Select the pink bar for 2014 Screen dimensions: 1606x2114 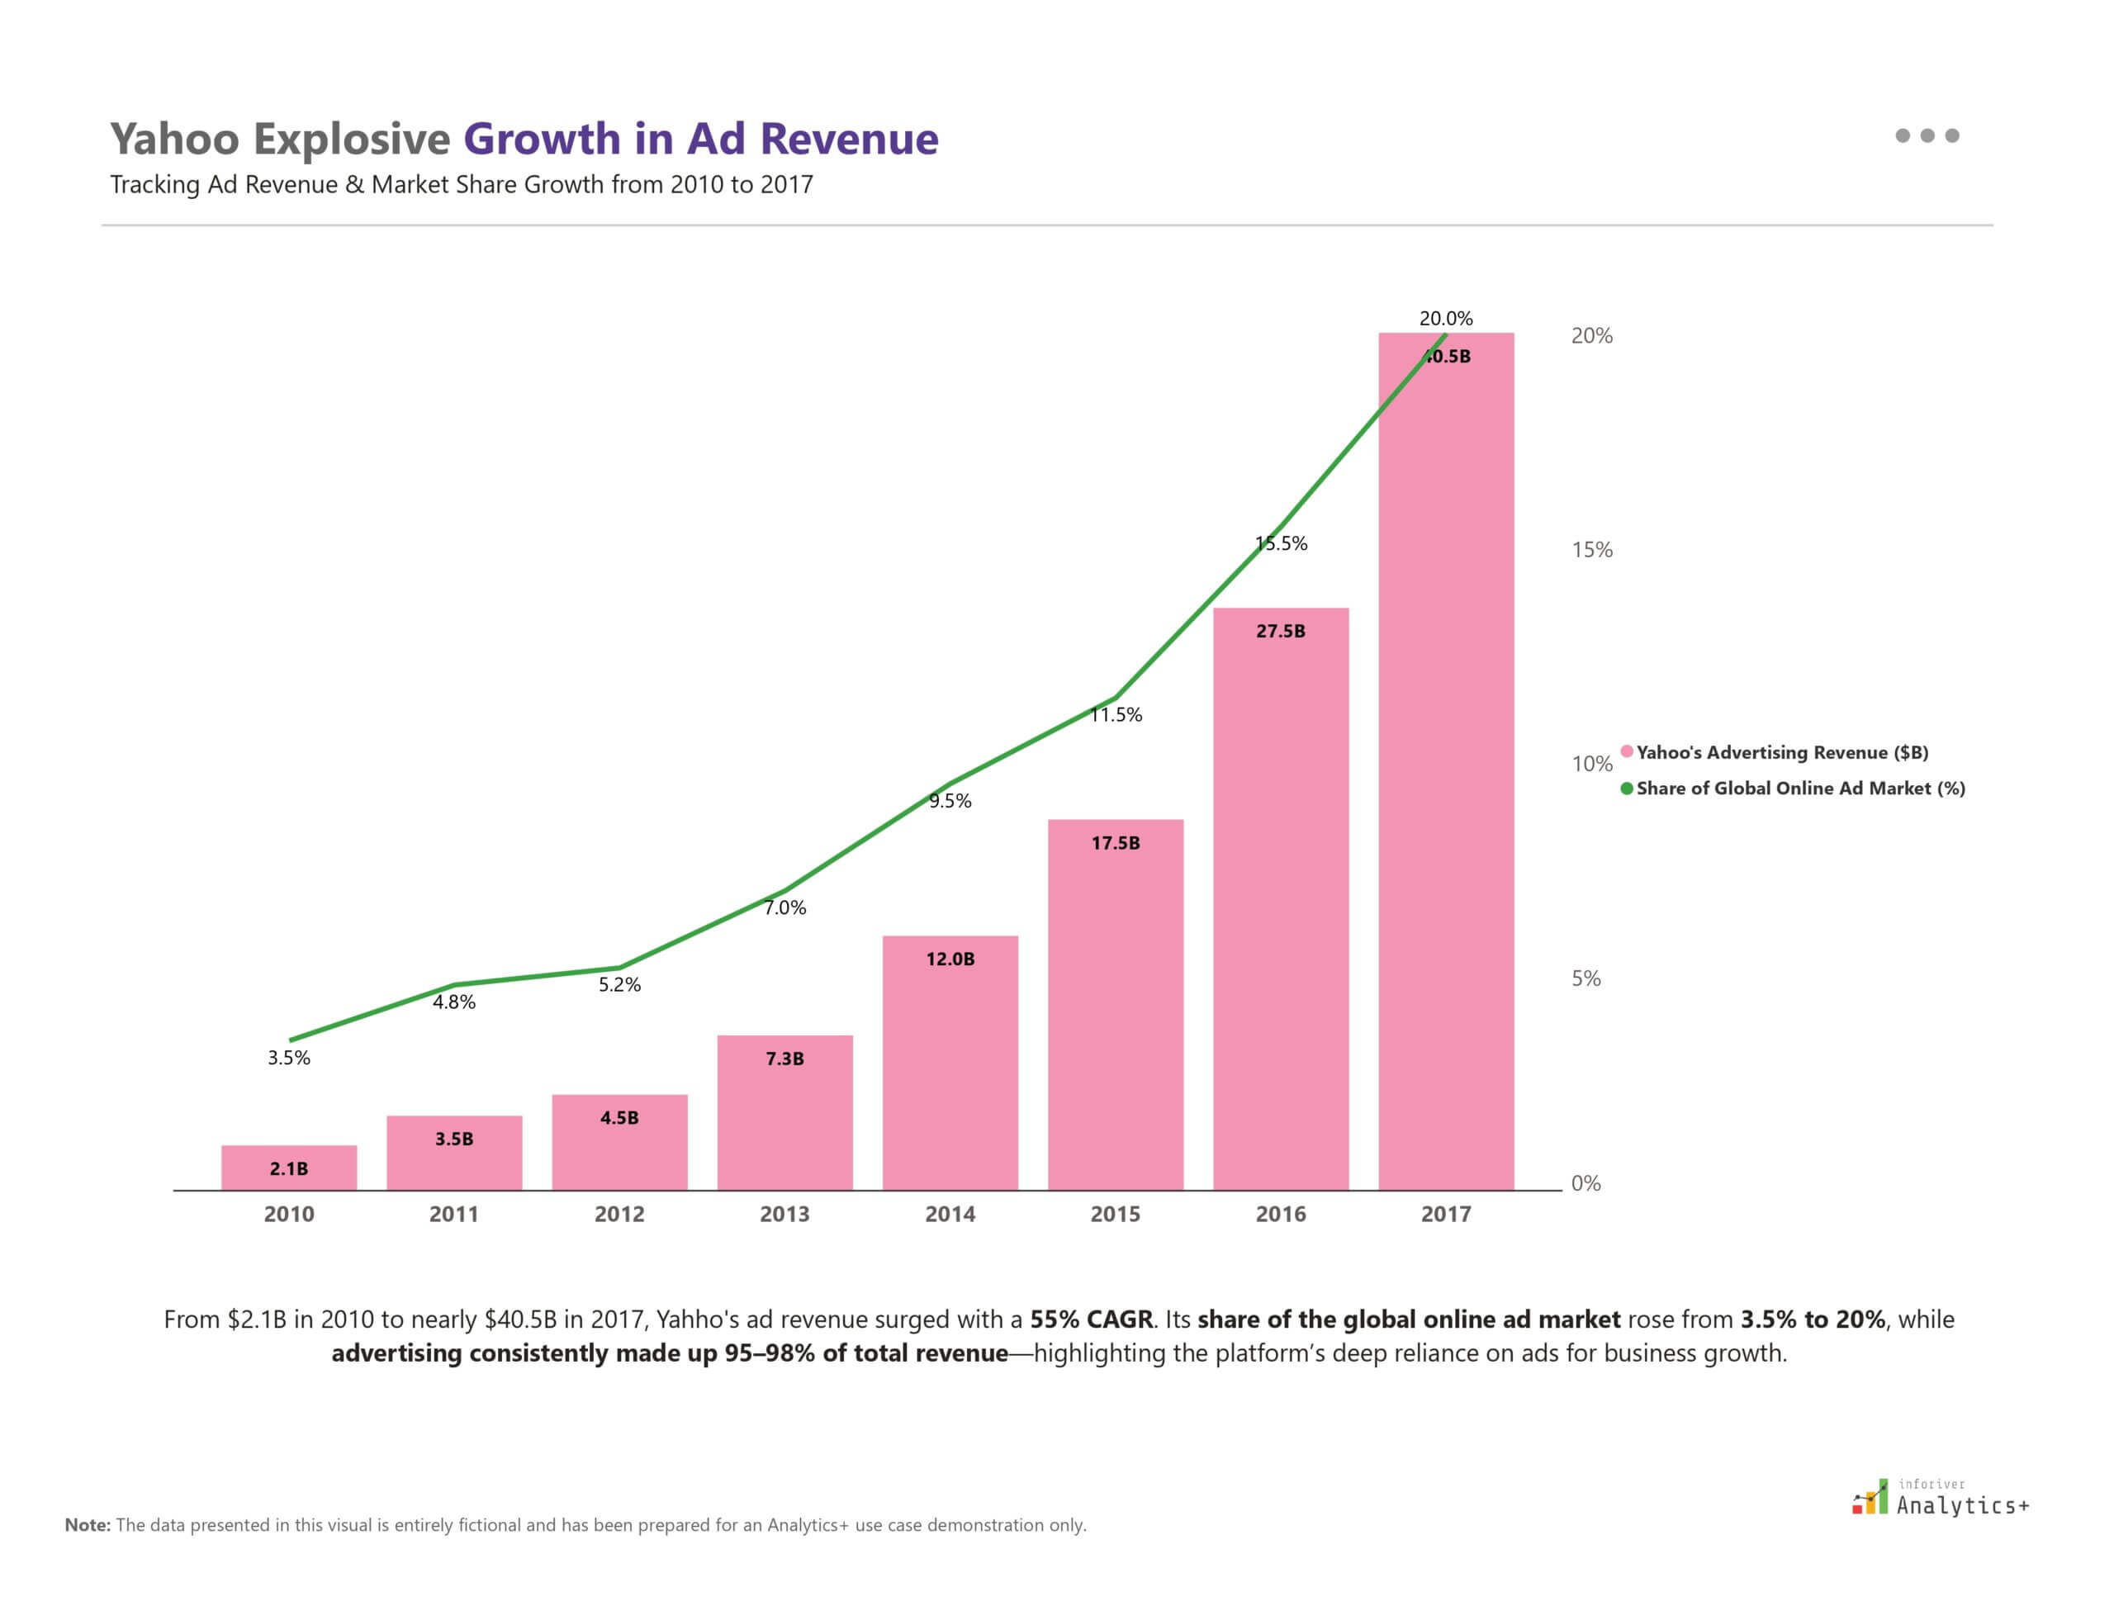[x=950, y=1071]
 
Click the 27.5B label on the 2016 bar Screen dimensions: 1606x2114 [x=1280, y=631]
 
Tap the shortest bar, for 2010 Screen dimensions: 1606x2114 [x=289, y=1168]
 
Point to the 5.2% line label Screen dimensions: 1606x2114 [x=619, y=984]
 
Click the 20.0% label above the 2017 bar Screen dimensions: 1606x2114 [x=1446, y=319]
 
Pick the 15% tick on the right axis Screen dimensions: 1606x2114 [x=1591, y=550]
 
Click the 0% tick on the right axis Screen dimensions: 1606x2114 [x=1585, y=1183]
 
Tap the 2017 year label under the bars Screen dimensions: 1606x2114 [x=1446, y=1214]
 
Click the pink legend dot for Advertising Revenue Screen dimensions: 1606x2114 [x=1626, y=751]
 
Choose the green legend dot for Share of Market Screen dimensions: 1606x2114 [x=1626, y=789]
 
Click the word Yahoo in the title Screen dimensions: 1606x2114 [x=174, y=139]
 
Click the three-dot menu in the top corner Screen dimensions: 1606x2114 [x=1927, y=135]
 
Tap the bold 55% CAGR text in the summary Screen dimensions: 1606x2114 [x=1091, y=1319]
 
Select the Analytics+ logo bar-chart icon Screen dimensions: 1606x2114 [x=1871, y=1498]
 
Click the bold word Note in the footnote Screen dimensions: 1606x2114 [x=87, y=1525]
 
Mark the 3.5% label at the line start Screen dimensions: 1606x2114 [x=289, y=1057]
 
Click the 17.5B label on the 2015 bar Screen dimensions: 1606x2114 [x=1115, y=843]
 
